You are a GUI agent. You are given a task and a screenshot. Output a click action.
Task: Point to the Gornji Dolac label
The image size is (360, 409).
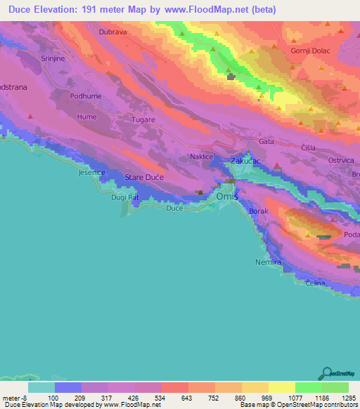point(309,51)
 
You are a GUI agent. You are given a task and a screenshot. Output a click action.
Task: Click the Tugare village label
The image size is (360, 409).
point(143,120)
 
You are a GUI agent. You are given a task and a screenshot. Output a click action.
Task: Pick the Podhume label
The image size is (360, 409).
point(86,96)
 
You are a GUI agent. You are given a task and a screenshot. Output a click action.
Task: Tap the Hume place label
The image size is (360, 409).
point(87,117)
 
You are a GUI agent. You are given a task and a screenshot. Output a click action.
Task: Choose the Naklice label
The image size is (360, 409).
point(202,157)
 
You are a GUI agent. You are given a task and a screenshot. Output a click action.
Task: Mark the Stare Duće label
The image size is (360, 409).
point(144,178)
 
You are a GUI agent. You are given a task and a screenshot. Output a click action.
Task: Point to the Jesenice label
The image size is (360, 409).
point(92,172)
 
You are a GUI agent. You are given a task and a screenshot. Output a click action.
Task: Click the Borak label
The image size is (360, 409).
point(259,211)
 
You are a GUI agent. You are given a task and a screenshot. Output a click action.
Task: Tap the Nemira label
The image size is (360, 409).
point(268,262)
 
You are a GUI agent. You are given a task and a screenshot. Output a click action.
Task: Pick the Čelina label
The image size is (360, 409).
point(318,283)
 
